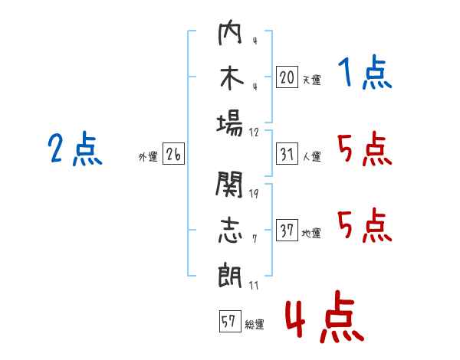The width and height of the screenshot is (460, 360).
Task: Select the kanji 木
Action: [230, 78]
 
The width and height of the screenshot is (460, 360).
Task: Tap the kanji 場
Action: [230, 122]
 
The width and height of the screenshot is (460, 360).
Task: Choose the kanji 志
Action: [230, 230]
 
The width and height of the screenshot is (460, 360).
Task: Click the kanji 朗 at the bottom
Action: [230, 273]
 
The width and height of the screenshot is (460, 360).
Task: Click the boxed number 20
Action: [287, 77]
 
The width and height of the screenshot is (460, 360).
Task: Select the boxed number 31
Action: [287, 154]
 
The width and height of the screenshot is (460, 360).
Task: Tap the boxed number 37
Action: [287, 231]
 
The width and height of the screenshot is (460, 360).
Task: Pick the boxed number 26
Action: [173, 154]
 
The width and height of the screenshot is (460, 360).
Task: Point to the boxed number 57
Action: [229, 322]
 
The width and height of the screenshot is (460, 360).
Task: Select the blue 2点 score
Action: [75, 149]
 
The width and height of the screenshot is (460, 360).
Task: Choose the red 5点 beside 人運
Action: [364, 149]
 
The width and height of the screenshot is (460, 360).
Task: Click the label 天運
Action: [311, 80]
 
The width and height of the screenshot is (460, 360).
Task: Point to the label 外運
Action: [148, 157]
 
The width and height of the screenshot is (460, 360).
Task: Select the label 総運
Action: [254, 325]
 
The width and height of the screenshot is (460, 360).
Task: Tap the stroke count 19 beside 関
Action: [254, 193]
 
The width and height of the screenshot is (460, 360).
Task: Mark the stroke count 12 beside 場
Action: [255, 132]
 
